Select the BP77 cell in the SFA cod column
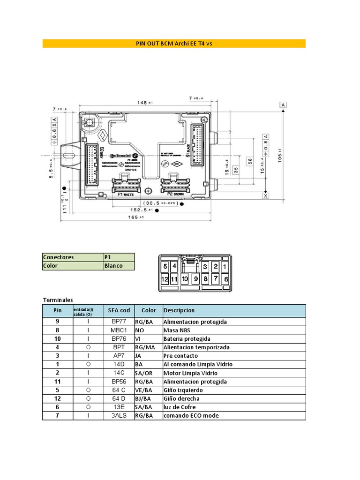coord(119,322)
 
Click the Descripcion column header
coord(179,310)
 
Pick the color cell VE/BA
coord(144,390)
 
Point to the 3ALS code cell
coord(119,415)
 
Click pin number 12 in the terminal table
coord(58,398)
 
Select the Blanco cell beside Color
coord(114,266)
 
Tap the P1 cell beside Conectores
coord(108,257)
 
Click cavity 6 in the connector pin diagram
coord(226,278)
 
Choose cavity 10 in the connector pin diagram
coord(185,278)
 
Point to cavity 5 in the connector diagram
coord(165,266)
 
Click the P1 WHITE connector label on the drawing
coord(125,194)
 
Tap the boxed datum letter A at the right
coord(283,105)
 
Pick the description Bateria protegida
coord(187,339)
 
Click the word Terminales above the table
coord(58,300)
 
